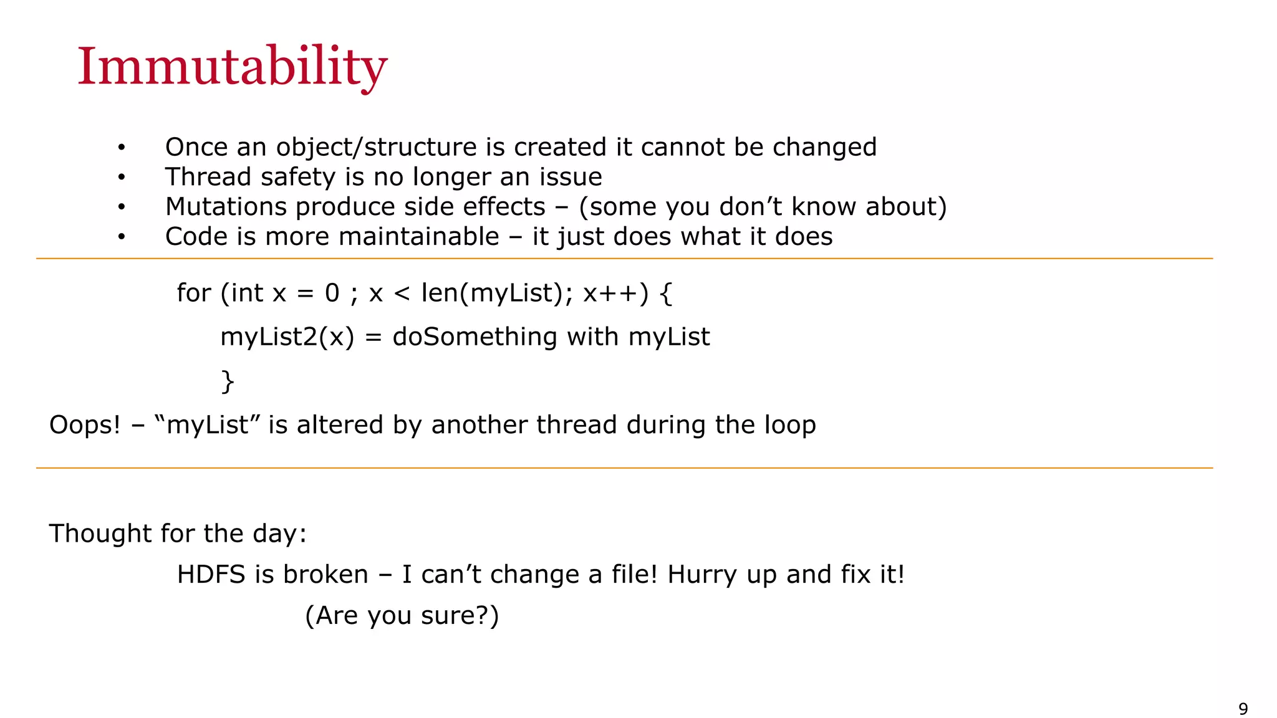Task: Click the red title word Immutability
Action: point(232,67)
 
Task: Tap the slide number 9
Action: point(1243,709)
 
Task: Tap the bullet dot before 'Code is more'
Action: point(122,237)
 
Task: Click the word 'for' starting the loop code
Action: point(193,293)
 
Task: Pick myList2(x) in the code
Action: point(287,337)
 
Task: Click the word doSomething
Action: point(475,337)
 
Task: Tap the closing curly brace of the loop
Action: point(228,381)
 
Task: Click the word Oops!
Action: point(84,425)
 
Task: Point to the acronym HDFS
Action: point(211,575)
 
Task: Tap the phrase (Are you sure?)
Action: point(402,616)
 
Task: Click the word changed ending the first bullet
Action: point(824,147)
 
